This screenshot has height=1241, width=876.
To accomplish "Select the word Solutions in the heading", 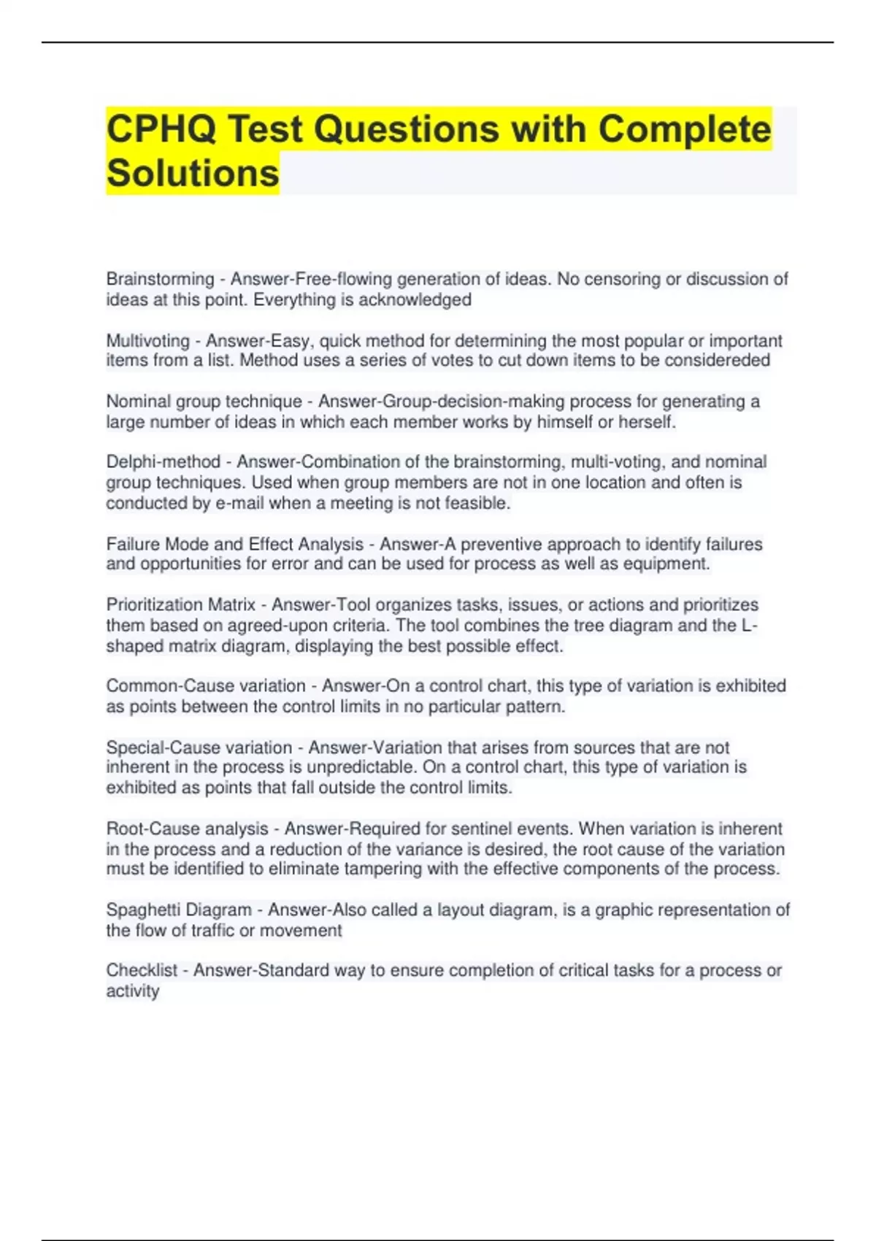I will coord(193,174).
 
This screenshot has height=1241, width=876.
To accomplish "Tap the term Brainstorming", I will coord(160,280).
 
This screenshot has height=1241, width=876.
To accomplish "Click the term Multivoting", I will coord(147,341).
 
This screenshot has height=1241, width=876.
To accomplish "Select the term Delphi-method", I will coord(163,462).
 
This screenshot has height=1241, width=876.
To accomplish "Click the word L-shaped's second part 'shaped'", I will coord(135,647).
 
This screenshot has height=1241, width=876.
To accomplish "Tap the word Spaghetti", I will coord(143,910).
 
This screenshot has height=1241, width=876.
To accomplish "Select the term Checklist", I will coord(142,971).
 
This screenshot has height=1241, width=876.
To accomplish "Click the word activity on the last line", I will coord(132,991).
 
